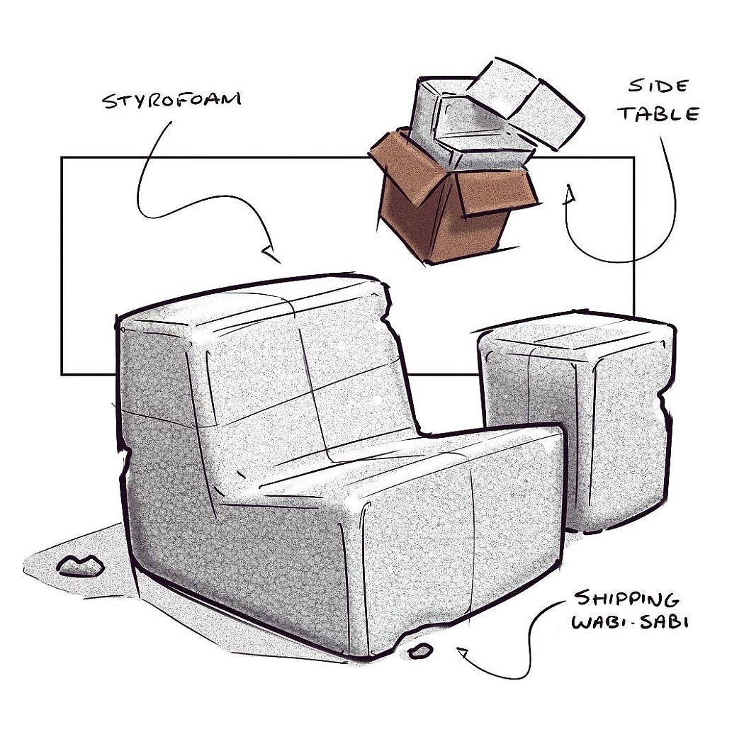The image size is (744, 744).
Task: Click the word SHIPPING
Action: [x=626, y=599]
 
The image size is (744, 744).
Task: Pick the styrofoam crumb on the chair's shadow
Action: [x=80, y=565]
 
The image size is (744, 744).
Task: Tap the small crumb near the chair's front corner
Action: [x=421, y=650]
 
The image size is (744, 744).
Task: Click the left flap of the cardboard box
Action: [x=400, y=167]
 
